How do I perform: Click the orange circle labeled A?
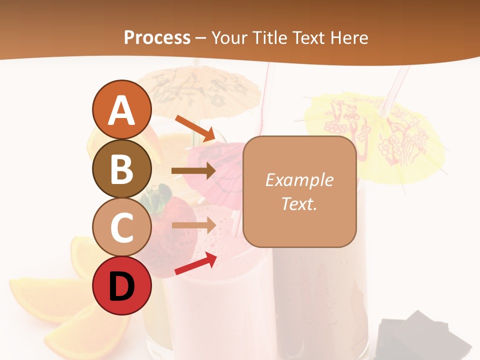[122, 110]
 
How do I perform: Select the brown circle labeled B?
[122, 168]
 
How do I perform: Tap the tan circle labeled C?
[122, 227]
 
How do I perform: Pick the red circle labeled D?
[122, 285]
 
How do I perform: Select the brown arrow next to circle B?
[193, 171]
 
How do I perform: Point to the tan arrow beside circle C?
[193, 225]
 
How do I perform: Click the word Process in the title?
[157, 37]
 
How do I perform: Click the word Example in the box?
[299, 180]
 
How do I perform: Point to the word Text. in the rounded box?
[299, 203]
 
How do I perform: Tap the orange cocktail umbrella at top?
[200, 87]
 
